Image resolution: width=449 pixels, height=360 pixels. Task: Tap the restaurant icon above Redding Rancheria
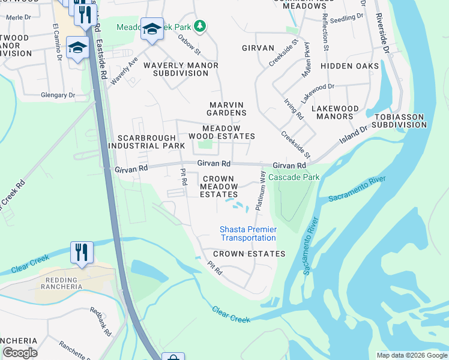(x=81, y=252)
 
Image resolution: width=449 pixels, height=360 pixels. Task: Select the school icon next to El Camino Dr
(x=77, y=47)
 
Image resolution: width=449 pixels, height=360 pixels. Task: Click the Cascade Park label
(x=294, y=177)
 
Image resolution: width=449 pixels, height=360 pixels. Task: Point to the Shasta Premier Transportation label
(x=248, y=233)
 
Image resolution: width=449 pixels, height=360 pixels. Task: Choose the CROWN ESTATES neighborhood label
(x=249, y=254)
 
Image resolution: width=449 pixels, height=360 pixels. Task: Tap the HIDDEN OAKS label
(x=350, y=66)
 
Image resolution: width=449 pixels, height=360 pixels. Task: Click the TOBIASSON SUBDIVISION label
(x=399, y=121)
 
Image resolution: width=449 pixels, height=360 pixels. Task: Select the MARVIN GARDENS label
(x=227, y=109)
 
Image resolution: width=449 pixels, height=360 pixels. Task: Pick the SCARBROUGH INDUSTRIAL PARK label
(x=147, y=142)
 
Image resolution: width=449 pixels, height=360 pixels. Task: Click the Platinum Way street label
(x=261, y=190)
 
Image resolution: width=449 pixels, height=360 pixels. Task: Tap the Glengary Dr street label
(x=58, y=95)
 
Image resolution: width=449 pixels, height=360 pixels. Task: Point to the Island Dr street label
(x=354, y=134)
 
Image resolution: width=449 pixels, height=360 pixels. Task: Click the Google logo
(x=20, y=353)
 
